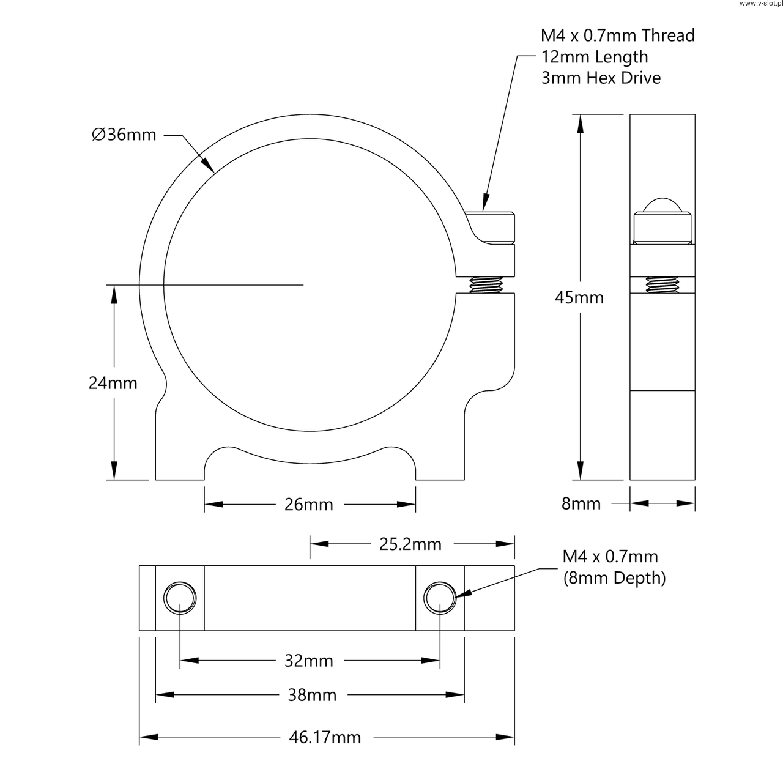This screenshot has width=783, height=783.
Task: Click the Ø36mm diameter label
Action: click(124, 135)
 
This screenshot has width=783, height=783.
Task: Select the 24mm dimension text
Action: click(113, 384)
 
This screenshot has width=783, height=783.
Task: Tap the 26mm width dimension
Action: click(309, 505)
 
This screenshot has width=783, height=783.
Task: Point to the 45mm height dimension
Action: click(579, 298)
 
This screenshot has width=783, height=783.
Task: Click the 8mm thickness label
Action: click(581, 503)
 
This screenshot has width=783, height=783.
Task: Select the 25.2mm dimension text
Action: click(410, 544)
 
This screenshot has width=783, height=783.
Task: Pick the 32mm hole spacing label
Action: click(309, 661)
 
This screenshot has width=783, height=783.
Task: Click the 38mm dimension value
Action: click(312, 695)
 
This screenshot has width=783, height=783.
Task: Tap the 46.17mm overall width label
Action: click(325, 738)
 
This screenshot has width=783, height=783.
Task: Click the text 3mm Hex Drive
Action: click(601, 78)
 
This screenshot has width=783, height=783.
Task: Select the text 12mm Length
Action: click(594, 57)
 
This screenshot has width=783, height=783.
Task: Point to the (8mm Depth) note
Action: click(614, 578)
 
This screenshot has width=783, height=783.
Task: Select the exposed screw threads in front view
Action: click(486, 286)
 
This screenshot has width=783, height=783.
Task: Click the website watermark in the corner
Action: click(760, 4)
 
